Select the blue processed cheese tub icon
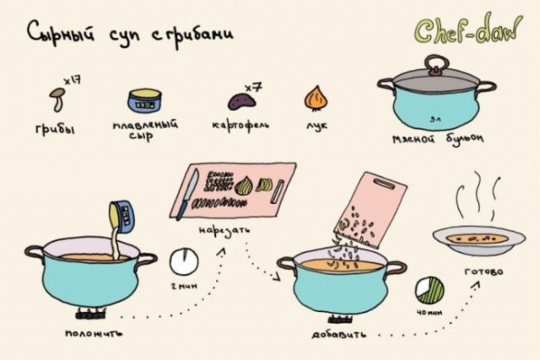pyautogui.click(x=143, y=101)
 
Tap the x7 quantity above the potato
pyautogui.click(x=251, y=85)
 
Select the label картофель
pyautogui.click(x=240, y=126)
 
